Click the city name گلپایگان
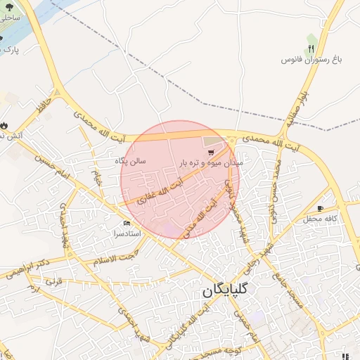click(x=230, y=290)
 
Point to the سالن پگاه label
click(x=131, y=161)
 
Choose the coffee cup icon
click(x=321, y=209)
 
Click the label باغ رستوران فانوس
click(x=311, y=61)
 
